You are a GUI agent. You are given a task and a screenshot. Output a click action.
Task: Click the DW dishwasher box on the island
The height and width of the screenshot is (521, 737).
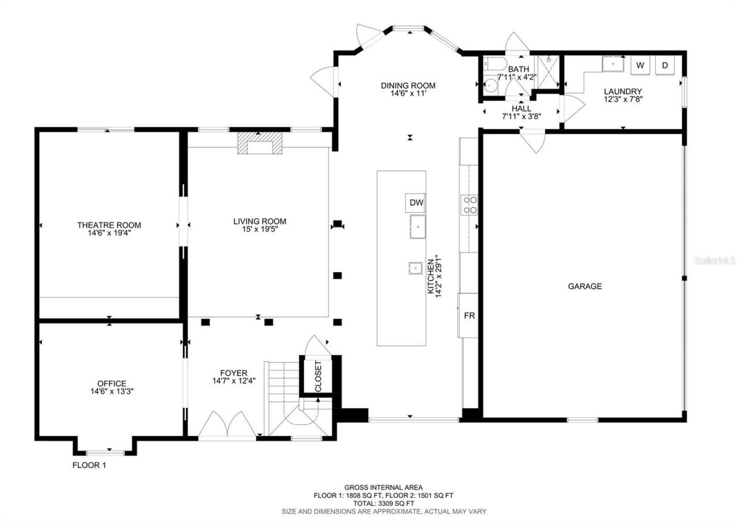(x=416, y=202)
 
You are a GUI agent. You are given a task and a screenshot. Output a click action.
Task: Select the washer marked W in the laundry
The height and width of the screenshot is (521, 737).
(x=640, y=65)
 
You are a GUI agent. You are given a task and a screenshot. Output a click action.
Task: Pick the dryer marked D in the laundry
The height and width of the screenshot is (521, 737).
(x=664, y=65)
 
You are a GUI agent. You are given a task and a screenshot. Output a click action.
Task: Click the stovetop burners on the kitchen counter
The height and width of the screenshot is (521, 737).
(x=469, y=205)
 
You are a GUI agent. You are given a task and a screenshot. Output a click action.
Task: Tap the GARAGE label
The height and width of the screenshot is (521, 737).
(x=585, y=286)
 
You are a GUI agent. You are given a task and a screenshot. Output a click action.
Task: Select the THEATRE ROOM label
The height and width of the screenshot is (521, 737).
(x=109, y=225)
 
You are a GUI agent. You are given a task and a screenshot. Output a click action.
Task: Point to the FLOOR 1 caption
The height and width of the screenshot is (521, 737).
(x=89, y=465)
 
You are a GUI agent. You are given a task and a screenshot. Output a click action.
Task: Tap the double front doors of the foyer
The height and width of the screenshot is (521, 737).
(x=227, y=425)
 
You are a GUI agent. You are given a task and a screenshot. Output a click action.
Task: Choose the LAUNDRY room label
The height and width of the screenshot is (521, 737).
(x=622, y=91)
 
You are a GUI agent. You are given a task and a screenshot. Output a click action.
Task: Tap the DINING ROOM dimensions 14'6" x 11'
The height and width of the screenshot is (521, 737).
(x=408, y=93)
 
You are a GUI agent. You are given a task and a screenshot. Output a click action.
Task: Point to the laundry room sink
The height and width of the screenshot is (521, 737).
(x=614, y=63)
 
